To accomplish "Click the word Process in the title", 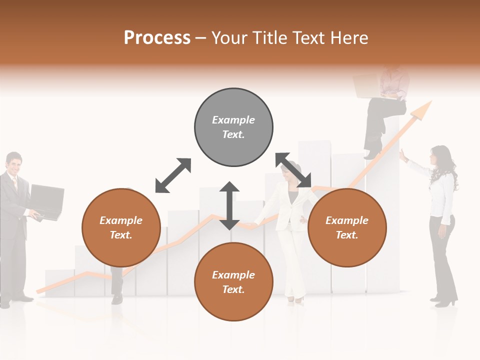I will coord(157,38).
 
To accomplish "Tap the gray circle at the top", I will coord(233,127).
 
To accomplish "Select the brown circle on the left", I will coord(121,227).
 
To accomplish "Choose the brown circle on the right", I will coord(347,227).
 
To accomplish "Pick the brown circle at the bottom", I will coord(233,282).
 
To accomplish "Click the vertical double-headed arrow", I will coord(229,205).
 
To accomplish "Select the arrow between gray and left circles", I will coord(173,175).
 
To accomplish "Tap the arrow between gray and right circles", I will coord(293,170).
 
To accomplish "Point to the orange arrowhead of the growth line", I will coord(423,109).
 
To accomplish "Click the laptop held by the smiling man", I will coord(46,201).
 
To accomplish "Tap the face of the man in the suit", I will coord(14,164).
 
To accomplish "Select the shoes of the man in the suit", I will coord(17,299).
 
